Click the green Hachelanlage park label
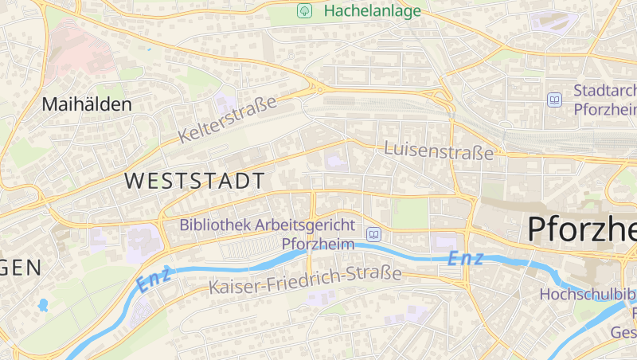(372, 11)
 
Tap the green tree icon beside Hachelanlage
(303, 11)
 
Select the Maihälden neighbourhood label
(87, 104)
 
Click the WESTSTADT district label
(194, 181)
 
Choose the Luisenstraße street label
(439, 150)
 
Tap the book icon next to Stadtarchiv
(554, 100)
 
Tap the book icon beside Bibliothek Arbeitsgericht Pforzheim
(373, 234)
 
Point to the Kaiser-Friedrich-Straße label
(305, 280)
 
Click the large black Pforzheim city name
(581, 229)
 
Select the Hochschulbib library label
(588, 294)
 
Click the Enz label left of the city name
(464, 258)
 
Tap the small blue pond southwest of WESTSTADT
(42, 304)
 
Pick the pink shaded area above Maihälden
(80, 52)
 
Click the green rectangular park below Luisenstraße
(410, 213)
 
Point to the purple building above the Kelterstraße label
(225, 103)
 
